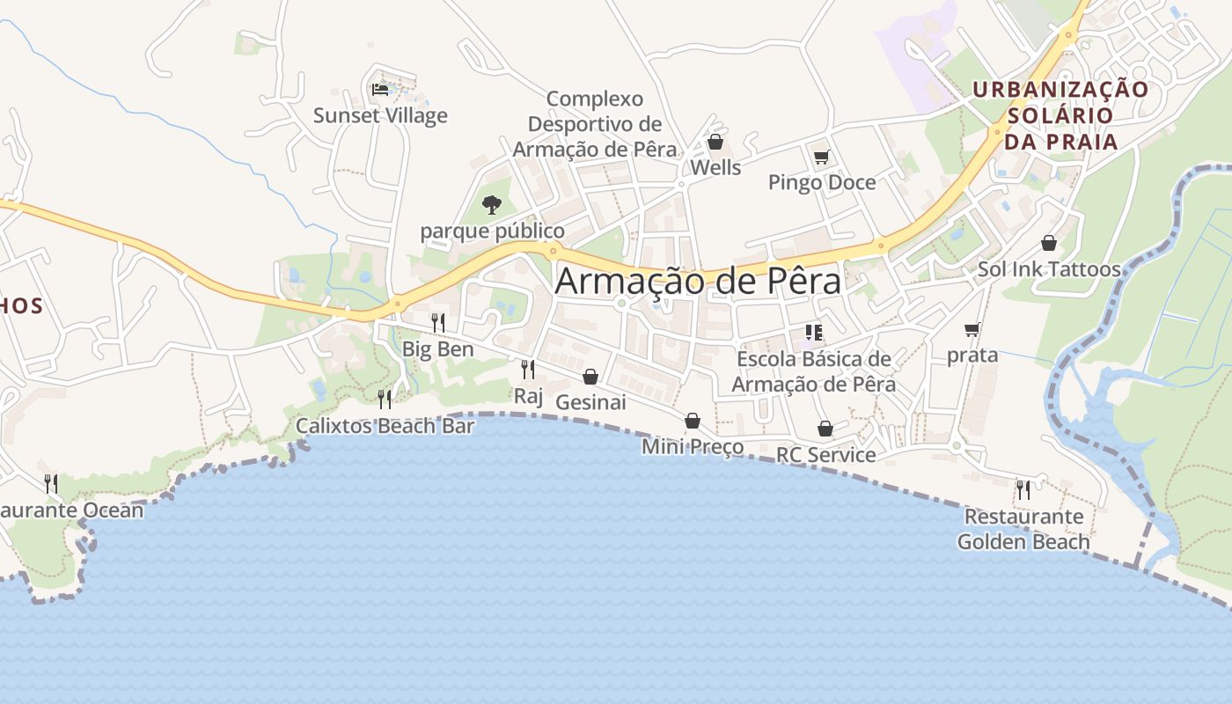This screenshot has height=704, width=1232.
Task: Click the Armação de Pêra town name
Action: tap(698, 281)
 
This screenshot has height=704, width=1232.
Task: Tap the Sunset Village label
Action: tap(380, 115)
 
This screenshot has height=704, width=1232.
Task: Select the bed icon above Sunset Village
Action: tap(380, 89)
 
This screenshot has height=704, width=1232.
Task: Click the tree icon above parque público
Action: tap(492, 205)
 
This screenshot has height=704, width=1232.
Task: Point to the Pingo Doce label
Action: tap(822, 182)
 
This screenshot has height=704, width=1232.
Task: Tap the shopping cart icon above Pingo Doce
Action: tap(821, 158)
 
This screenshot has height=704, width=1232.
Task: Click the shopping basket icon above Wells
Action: tap(715, 142)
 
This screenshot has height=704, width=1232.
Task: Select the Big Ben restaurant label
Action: tap(438, 349)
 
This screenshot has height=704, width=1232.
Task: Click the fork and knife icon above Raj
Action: tap(528, 369)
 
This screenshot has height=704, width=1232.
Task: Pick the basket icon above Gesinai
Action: tap(590, 377)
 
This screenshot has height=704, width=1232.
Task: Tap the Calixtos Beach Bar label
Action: tap(385, 426)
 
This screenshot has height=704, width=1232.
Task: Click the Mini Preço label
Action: tap(693, 447)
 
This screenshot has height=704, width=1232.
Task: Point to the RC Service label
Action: tap(825, 455)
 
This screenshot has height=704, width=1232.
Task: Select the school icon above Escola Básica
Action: tap(813, 333)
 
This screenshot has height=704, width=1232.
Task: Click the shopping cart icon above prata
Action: tap(972, 330)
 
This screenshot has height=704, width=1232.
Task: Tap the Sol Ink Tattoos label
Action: tap(1049, 269)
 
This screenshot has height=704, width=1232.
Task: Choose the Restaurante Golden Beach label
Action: tap(1023, 529)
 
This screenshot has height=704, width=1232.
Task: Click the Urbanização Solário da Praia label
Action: tap(1060, 115)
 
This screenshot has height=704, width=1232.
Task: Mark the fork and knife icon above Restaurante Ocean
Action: tap(51, 483)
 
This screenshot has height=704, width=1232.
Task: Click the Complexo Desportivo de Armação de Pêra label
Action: tap(595, 124)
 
